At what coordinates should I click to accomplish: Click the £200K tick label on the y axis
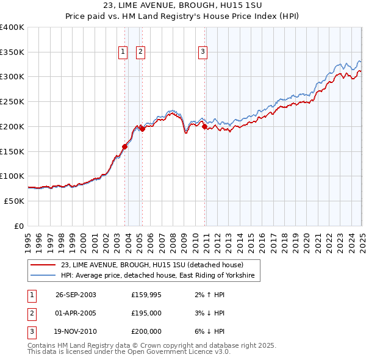click(x=12, y=126)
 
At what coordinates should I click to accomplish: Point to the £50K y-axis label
click(x=14, y=201)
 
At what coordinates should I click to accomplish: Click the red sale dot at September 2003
click(x=124, y=146)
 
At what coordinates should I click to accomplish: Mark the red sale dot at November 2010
click(x=204, y=127)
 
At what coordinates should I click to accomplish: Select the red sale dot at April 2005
click(x=142, y=129)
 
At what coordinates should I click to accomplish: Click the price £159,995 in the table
click(x=146, y=294)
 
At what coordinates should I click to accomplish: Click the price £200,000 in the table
click(x=146, y=332)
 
